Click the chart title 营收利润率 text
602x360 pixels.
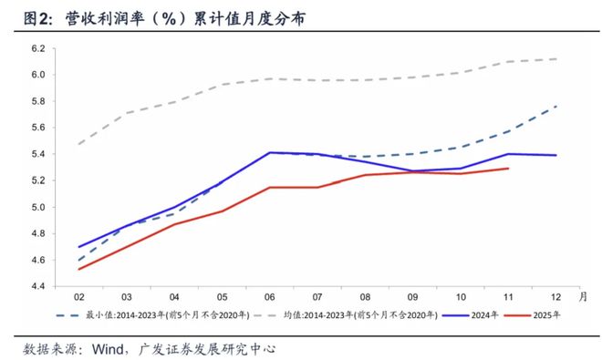[100, 18]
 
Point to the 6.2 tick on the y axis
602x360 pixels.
[39, 48]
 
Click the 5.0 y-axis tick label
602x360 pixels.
[39, 207]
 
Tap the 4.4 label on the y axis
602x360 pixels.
[39, 286]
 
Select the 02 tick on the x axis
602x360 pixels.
[79, 296]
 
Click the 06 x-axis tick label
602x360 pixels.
[270, 296]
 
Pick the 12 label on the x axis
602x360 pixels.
[555, 296]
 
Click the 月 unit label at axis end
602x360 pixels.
[583, 295]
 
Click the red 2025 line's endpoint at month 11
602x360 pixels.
[508, 168]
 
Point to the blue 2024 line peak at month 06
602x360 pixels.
[270, 152]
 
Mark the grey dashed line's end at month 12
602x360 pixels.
[555, 58]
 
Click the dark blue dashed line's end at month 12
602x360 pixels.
[555, 106]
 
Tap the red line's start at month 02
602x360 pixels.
[79, 269]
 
